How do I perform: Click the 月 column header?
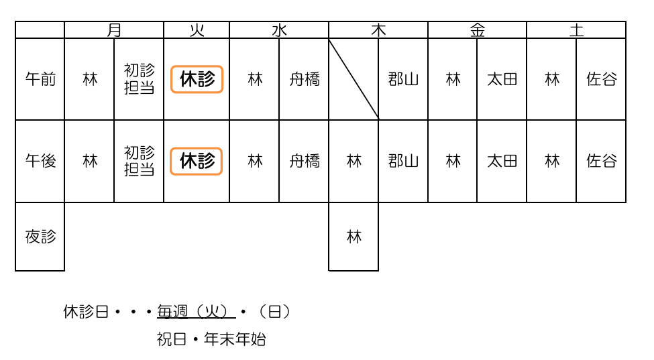114,30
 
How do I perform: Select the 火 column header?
197,30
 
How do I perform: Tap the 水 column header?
279,30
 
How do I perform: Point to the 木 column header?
378,30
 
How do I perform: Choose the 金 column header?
477,30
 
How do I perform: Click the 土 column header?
576,30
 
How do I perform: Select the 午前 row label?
40,79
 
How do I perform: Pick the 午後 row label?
40,161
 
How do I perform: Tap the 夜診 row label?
40,237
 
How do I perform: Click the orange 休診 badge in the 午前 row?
197,79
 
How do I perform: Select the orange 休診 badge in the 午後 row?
197,161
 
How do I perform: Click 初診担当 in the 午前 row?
139,79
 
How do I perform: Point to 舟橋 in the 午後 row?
304,161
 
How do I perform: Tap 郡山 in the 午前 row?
403,79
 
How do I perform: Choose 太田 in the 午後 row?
502,161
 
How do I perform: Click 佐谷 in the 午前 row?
601,79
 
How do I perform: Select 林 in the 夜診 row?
353,237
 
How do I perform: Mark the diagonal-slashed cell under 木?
353,79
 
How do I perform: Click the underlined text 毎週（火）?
196,312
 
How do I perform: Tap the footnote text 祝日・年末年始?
211,339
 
